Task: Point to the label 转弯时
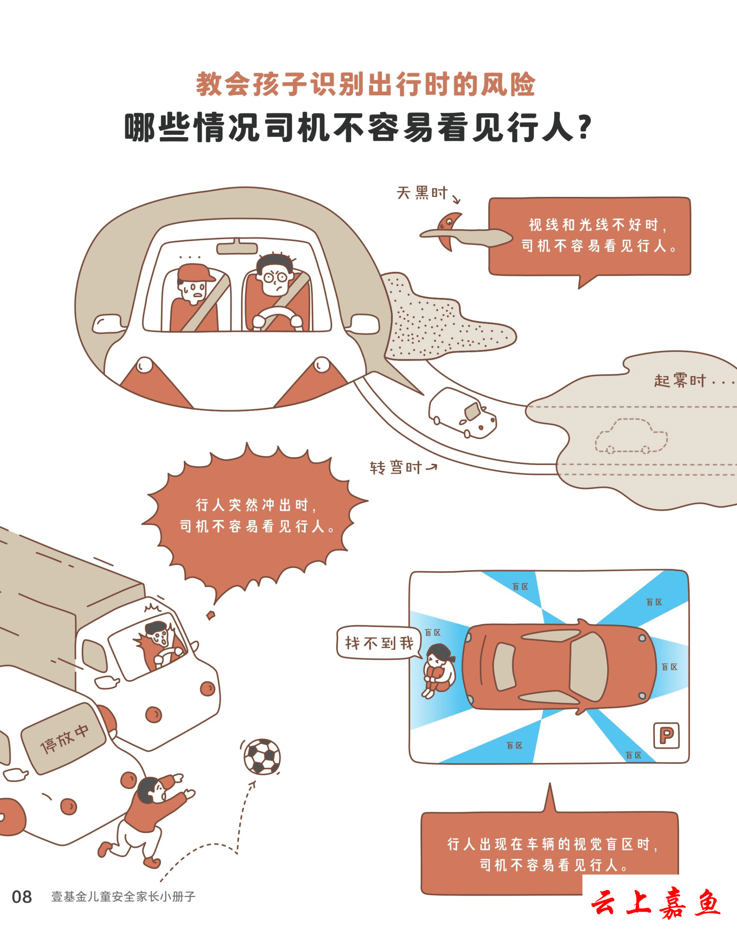(395, 467)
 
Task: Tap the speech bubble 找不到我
(379, 643)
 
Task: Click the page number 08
(21, 897)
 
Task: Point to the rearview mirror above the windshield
(237, 248)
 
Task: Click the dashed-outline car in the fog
(631, 436)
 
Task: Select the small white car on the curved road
(462, 413)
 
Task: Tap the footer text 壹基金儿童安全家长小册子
(123, 897)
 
